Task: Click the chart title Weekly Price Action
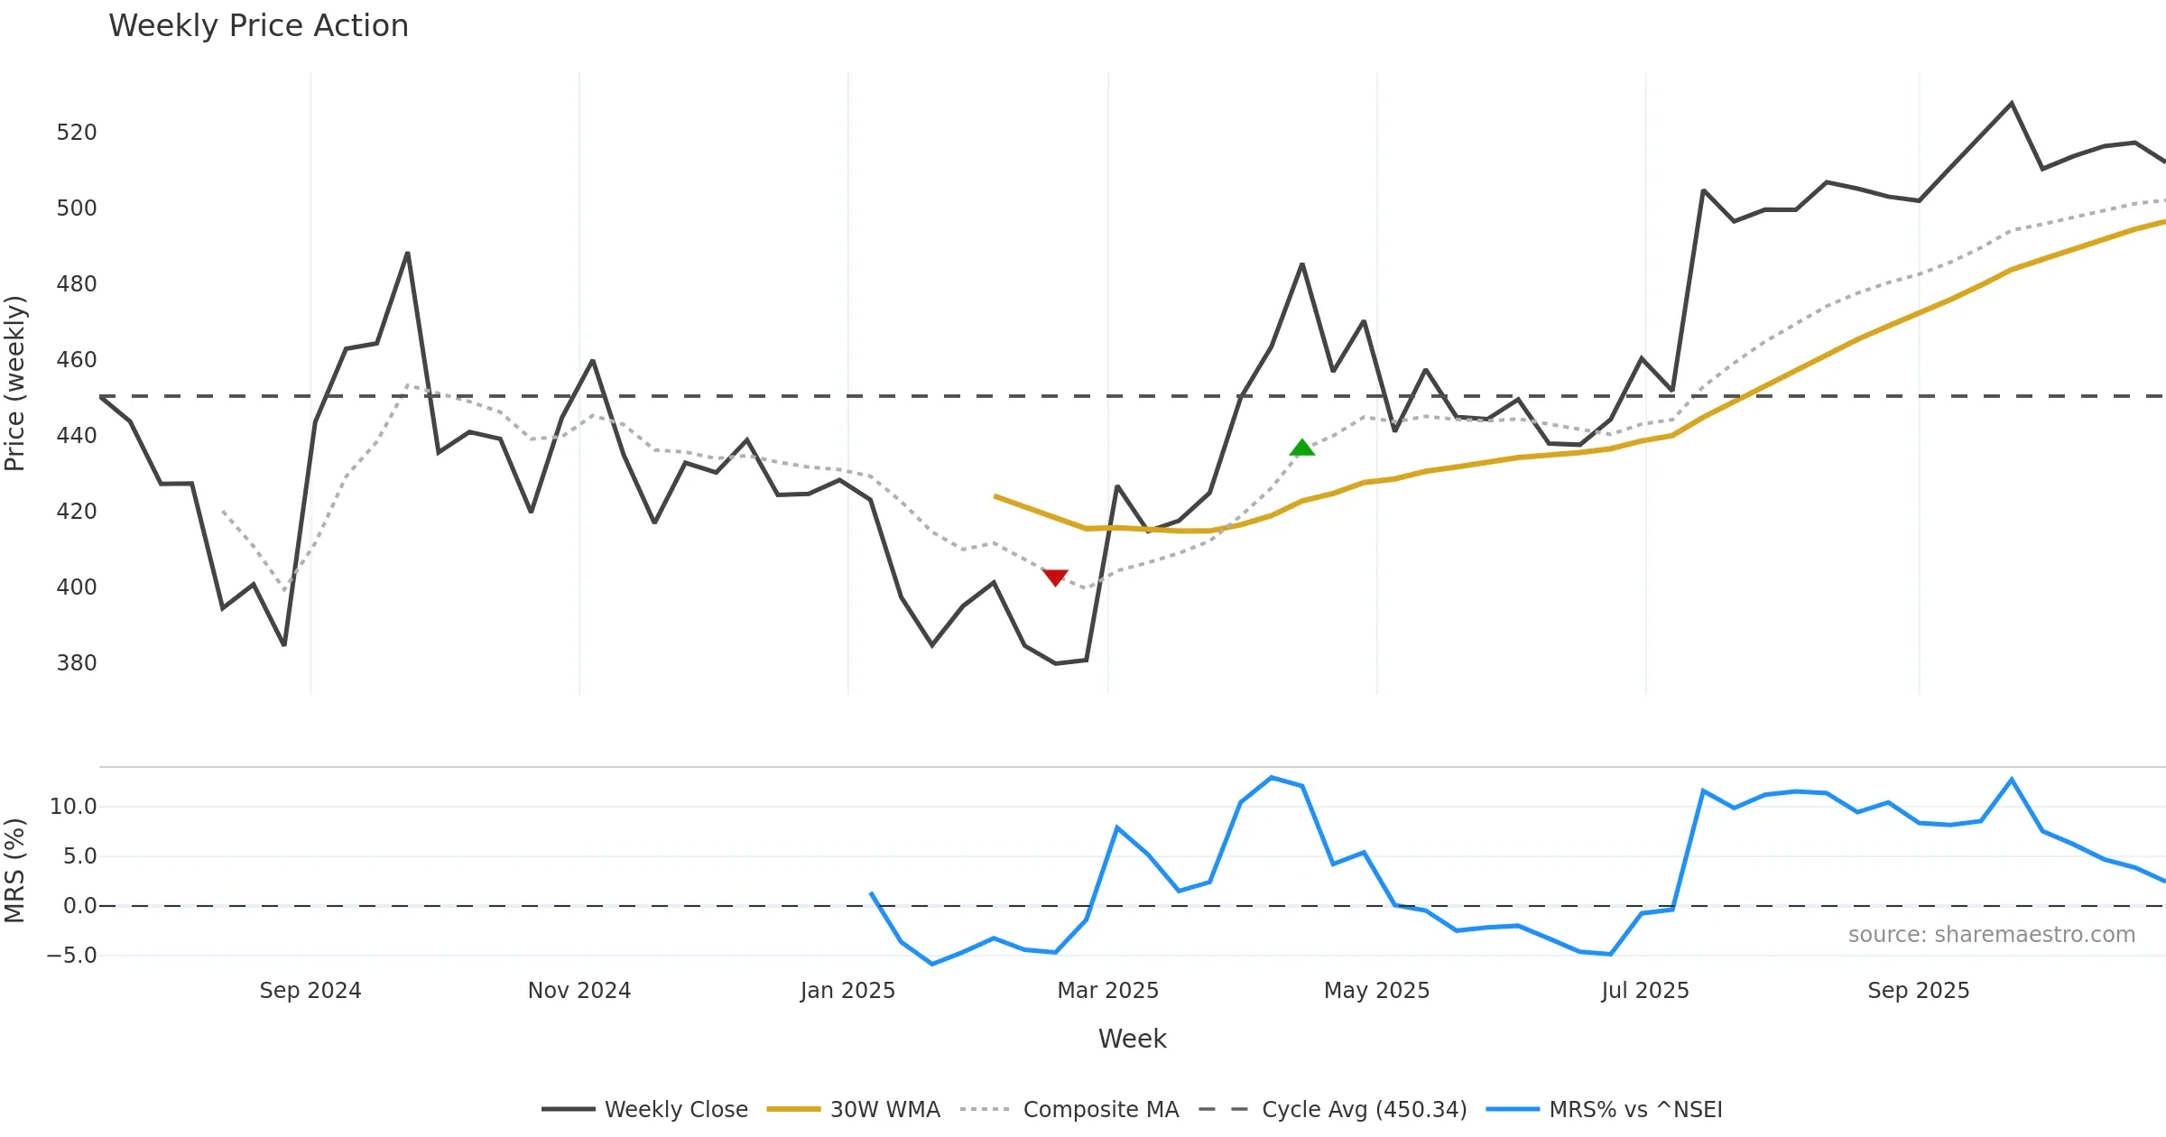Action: click(x=258, y=26)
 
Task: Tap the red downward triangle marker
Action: click(x=1055, y=577)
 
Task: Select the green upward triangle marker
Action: click(x=1302, y=448)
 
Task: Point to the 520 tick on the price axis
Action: click(x=76, y=133)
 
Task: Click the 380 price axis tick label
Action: click(x=76, y=663)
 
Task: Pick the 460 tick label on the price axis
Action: click(x=76, y=360)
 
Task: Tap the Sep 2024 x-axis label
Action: click(x=310, y=991)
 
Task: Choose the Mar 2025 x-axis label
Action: click(x=1107, y=991)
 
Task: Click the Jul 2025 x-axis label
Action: click(x=1645, y=991)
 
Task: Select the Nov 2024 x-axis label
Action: click(x=579, y=991)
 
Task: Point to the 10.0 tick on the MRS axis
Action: click(x=72, y=807)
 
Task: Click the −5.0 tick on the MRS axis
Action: click(x=71, y=956)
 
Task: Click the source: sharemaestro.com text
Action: click(x=1991, y=935)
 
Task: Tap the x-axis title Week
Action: click(x=1132, y=1040)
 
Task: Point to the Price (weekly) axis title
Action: click(x=15, y=384)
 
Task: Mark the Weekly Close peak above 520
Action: click(x=2012, y=104)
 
